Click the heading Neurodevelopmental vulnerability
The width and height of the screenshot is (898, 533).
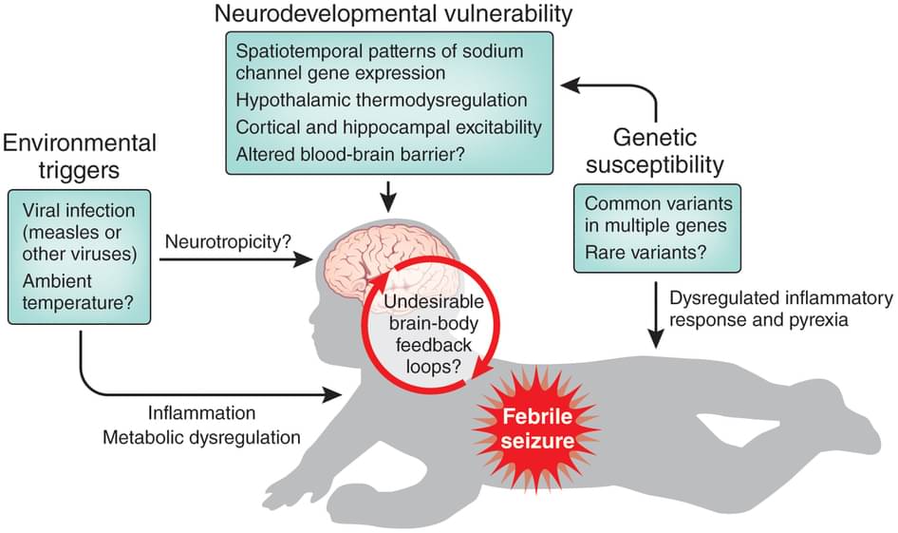click(x=393, y=13)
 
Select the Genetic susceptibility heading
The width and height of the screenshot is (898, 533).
click(x=655, y=151)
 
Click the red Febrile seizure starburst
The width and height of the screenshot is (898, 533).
click(x=536, y=428)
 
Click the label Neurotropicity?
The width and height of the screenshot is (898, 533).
click(x=228, y=241)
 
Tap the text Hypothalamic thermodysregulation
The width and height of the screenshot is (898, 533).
click(x=382, y=100)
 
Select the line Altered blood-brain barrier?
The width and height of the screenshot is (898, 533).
click(x=350, y=154)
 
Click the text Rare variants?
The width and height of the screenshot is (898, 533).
click(x=645, y=252)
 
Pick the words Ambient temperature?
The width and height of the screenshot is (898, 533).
click(x=78, y=292)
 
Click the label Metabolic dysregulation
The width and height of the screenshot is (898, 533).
click(x=201, y=437)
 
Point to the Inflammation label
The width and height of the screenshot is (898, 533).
click(x=201, y=412)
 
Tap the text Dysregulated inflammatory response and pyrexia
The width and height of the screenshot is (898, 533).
click(x=781, y=309)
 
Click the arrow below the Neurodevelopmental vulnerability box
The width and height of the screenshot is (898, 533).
click(x=389, y=196)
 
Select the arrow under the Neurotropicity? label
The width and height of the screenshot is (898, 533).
click(x=236, y=259)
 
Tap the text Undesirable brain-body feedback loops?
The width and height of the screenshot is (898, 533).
click(x=434, y=334)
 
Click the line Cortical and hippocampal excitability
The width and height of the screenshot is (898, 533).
click(x=389, y=127)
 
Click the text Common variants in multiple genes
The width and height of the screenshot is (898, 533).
click(x=659, y=215)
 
